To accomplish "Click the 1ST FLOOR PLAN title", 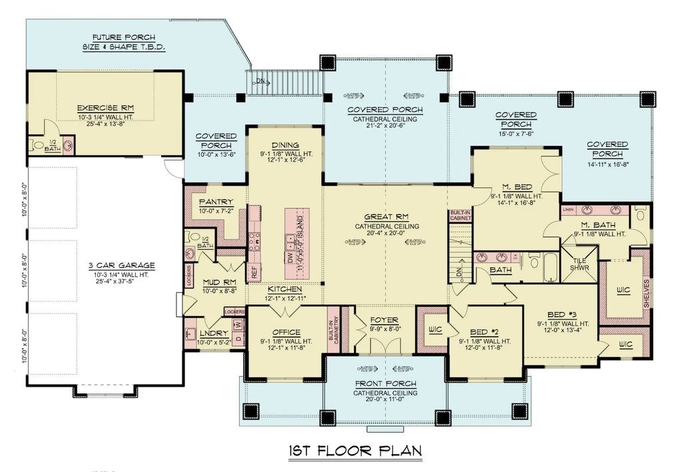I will coord(355,451).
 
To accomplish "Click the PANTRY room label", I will coord(216,202).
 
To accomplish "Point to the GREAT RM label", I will coord(386,217).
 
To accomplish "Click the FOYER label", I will coord(384,320).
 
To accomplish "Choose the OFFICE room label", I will coord(286,332).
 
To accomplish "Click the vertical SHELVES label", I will coord(646,294).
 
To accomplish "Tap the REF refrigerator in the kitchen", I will coord(254,272).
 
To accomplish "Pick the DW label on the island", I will coord(290,254).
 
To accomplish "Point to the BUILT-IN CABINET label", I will coord(460,215).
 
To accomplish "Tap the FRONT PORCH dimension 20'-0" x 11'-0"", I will coord(386,402).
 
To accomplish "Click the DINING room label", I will coord(285,146).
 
